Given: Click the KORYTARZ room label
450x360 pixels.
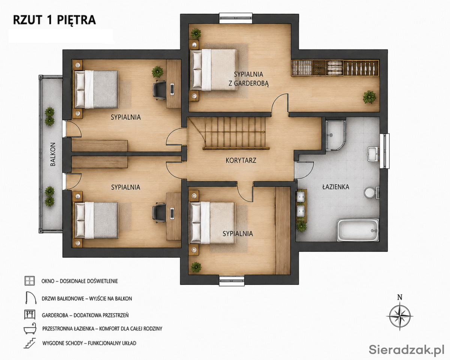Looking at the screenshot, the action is [x=241, y=160].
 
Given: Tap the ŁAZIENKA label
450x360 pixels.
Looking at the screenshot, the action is [x=336, y=187].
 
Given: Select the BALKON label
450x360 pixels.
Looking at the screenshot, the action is [x=53, y=154].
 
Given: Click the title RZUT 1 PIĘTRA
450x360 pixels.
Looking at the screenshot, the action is [x=54, y=20].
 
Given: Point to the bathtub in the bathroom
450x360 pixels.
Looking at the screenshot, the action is [x=358, y=230].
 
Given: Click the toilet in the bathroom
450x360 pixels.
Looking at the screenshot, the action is [x=371, y=192].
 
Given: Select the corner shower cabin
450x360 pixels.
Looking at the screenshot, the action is [x=335, y=135].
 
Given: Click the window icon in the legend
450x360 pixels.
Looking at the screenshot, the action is [x=30, y=281].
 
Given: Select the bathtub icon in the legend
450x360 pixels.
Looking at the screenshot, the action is [x=30, y=329].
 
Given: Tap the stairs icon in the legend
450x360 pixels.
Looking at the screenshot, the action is [x=30, y=343].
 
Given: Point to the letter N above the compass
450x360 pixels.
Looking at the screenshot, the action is [x=400, y=297].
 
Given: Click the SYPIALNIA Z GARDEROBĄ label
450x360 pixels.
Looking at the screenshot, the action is [x=248, y=79].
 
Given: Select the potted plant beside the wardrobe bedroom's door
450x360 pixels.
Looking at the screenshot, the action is [x=369, y=97].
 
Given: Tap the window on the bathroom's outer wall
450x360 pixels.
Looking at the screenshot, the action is [x=384, y=151].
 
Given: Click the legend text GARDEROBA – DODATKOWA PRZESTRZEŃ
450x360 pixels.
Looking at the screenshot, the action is [x=85, y=315].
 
